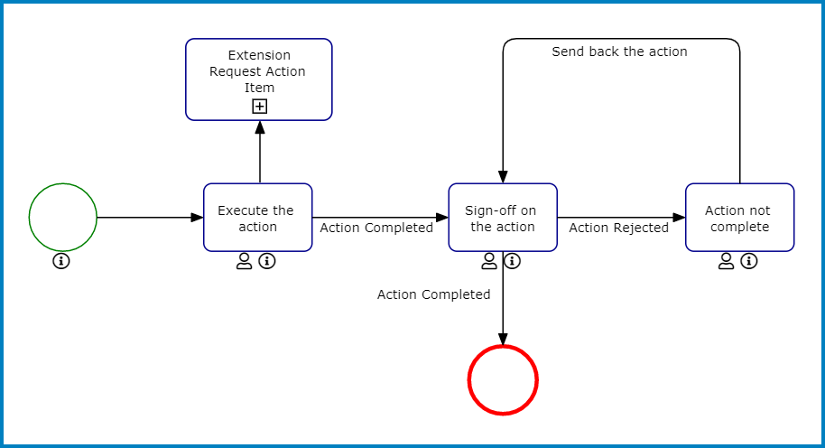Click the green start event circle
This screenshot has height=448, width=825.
click(62, 218)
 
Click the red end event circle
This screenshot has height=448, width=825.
click(503, 380)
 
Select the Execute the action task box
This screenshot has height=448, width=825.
click(257, 218)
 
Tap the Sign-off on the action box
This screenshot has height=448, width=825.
click(503, 218)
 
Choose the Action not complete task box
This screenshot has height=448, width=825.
click(739, 218)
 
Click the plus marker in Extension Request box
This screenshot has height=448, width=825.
click(260, 107)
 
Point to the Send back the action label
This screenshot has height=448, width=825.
click(619, 52)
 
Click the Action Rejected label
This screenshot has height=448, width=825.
click(618, 229)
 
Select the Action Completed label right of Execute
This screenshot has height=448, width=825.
click(376, 229)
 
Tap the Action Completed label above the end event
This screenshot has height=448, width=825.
click(433, 295)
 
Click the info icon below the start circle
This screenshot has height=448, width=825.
click(61, 262)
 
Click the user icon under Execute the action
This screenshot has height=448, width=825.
click(244, 262)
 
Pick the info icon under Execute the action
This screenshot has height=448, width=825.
click(267, 262)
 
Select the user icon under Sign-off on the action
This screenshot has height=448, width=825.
click(489, 262)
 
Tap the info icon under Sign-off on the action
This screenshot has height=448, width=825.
click(513, 262)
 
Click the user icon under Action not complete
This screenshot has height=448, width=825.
click(726, 262)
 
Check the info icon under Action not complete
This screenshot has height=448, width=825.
click(749, 262)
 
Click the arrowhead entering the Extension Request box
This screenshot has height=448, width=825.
click(260, 127)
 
